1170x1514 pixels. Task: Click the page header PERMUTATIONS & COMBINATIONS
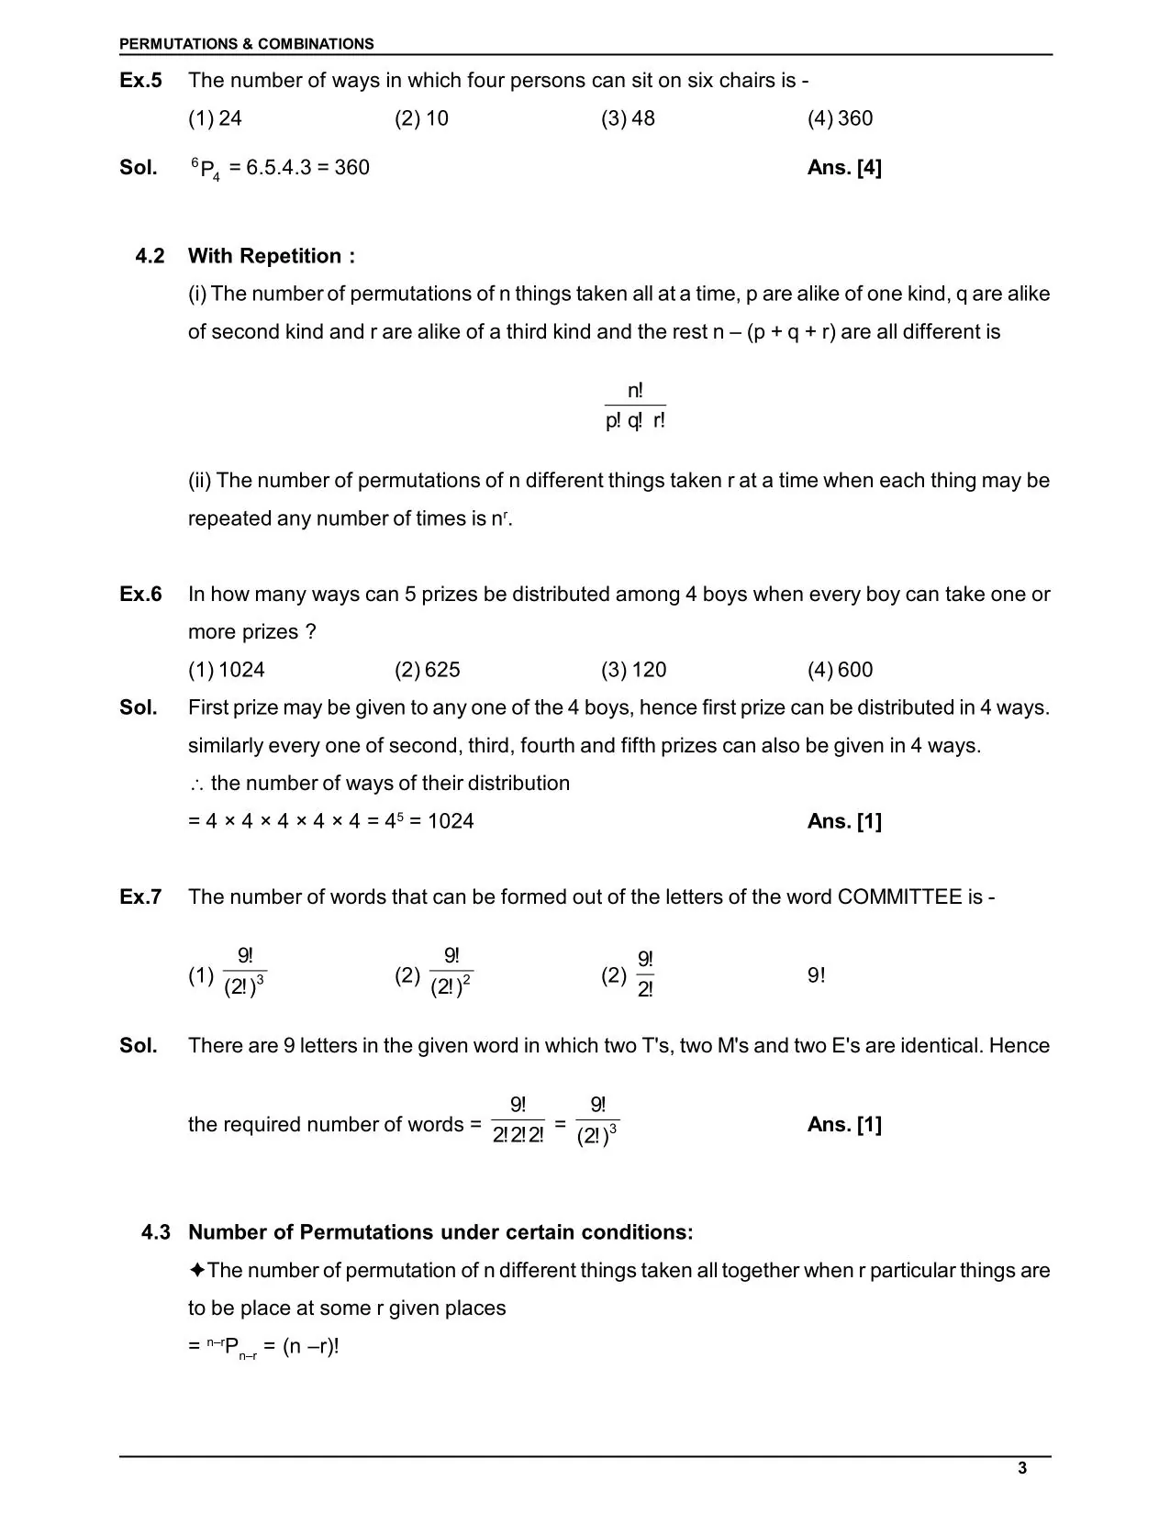(x=246, y=44)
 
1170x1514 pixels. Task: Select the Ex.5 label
(x=140, y=81)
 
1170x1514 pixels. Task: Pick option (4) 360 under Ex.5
(x=840, y=118)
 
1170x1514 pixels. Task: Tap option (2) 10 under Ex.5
(x=421, y=118)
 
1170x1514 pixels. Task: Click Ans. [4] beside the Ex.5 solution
(x=844, y=168)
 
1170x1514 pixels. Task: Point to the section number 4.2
(x=150, y=256)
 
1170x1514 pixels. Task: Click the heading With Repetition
(x=271, y=256)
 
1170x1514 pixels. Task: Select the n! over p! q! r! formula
(x=635, y=406)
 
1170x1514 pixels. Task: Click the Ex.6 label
(x=140, y=595)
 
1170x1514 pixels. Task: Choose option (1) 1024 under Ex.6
(x=227, y=670)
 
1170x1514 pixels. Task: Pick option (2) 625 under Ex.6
(x=428, y=670)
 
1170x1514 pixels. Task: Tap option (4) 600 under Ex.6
(x=840, y=670)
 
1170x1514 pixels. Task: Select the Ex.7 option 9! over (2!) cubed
(x=244, y=973)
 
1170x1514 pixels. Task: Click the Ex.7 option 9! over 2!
(x=645, y=974)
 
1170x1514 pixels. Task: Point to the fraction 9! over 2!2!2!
(x=518, y=1121)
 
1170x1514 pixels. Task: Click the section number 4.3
(x=155, y=1232)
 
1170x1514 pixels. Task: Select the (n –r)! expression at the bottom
(x=311, y=1347)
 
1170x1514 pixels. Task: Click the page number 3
(x=1022, y=1468)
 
